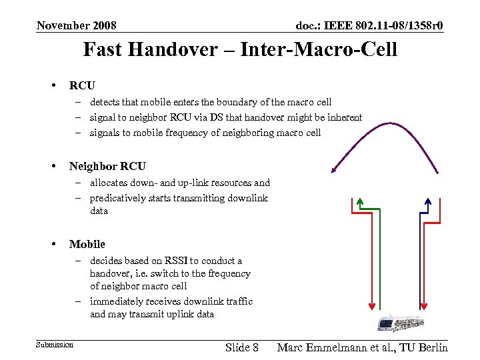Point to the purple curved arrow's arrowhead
click(334, 169)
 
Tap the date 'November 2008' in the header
click(76, 25)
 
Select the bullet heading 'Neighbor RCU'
click(107, 166)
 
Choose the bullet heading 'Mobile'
click(87, 244)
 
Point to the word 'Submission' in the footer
click(55, 344)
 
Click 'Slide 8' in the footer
click(242, 347)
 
